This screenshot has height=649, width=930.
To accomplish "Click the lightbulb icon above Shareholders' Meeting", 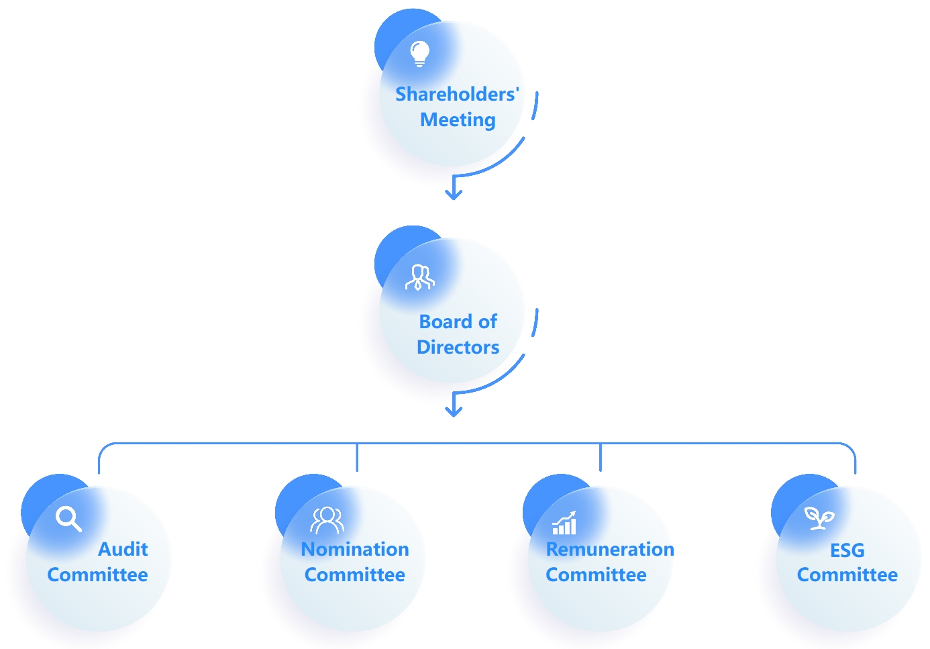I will [419, 53].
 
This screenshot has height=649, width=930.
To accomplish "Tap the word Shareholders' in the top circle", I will [457, 94].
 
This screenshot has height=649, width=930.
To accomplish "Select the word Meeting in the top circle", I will [458, 119].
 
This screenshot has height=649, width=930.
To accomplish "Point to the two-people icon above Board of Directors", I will [419, 277].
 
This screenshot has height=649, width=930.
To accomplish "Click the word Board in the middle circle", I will [444, 321].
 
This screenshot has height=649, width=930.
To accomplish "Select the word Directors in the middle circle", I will [458, 347].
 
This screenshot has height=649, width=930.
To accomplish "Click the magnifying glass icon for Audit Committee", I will [68, 519].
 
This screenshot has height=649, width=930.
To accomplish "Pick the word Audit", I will [123, 549].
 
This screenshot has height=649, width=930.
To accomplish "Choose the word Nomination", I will [355, 549].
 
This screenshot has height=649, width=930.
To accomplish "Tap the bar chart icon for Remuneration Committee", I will [564, 523].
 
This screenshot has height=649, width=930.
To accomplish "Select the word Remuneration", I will [610, 549].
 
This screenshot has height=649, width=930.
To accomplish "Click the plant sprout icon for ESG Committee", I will [819, 517].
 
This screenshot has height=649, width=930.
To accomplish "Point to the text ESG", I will [847, 550].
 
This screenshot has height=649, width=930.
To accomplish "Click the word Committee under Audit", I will [97, 575].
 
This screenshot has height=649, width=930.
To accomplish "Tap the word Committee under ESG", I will [847, 575].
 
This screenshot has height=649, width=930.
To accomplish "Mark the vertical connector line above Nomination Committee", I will [357, 457].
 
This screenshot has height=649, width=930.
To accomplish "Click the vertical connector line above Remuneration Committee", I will [601, 457].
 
